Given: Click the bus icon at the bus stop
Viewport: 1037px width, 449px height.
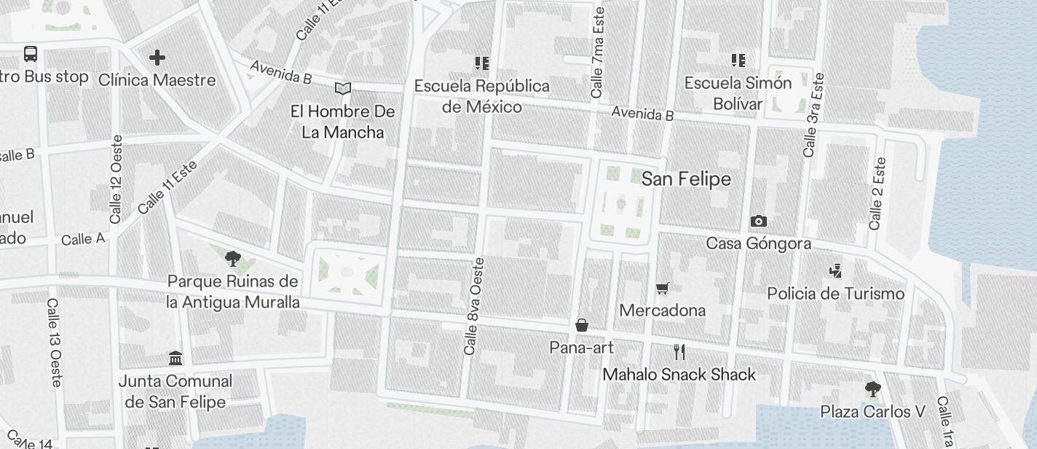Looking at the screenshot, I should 31,54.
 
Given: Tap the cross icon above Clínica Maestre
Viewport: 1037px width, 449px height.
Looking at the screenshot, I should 157,58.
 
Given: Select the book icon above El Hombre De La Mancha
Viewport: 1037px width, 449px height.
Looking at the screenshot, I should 343,89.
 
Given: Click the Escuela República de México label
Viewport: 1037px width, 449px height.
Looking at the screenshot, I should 482,96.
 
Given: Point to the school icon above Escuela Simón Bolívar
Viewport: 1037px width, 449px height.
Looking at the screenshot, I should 738,60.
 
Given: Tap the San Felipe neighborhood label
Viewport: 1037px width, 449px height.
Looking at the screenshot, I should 686,179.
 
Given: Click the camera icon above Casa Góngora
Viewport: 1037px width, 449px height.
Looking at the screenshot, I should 758,222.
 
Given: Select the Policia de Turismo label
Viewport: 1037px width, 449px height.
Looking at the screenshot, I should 835,294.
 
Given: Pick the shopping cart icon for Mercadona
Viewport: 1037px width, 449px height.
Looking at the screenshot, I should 662,289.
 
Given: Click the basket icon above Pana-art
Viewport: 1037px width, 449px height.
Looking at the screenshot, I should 582,325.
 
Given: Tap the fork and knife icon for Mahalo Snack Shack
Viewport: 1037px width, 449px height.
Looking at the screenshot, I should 679,353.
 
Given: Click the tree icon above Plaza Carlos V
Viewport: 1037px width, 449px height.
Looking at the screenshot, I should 872,389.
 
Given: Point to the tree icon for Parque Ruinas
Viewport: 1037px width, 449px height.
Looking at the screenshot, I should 233,259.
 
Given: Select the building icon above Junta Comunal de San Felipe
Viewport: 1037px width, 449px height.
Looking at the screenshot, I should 176,358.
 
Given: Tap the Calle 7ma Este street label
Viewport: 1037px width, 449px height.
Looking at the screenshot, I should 598,52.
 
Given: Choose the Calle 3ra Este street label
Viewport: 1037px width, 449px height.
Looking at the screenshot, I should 813,114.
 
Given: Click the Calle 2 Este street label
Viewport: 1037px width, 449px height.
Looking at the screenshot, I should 877,193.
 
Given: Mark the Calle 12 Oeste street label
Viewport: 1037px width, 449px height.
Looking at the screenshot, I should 116,179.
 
